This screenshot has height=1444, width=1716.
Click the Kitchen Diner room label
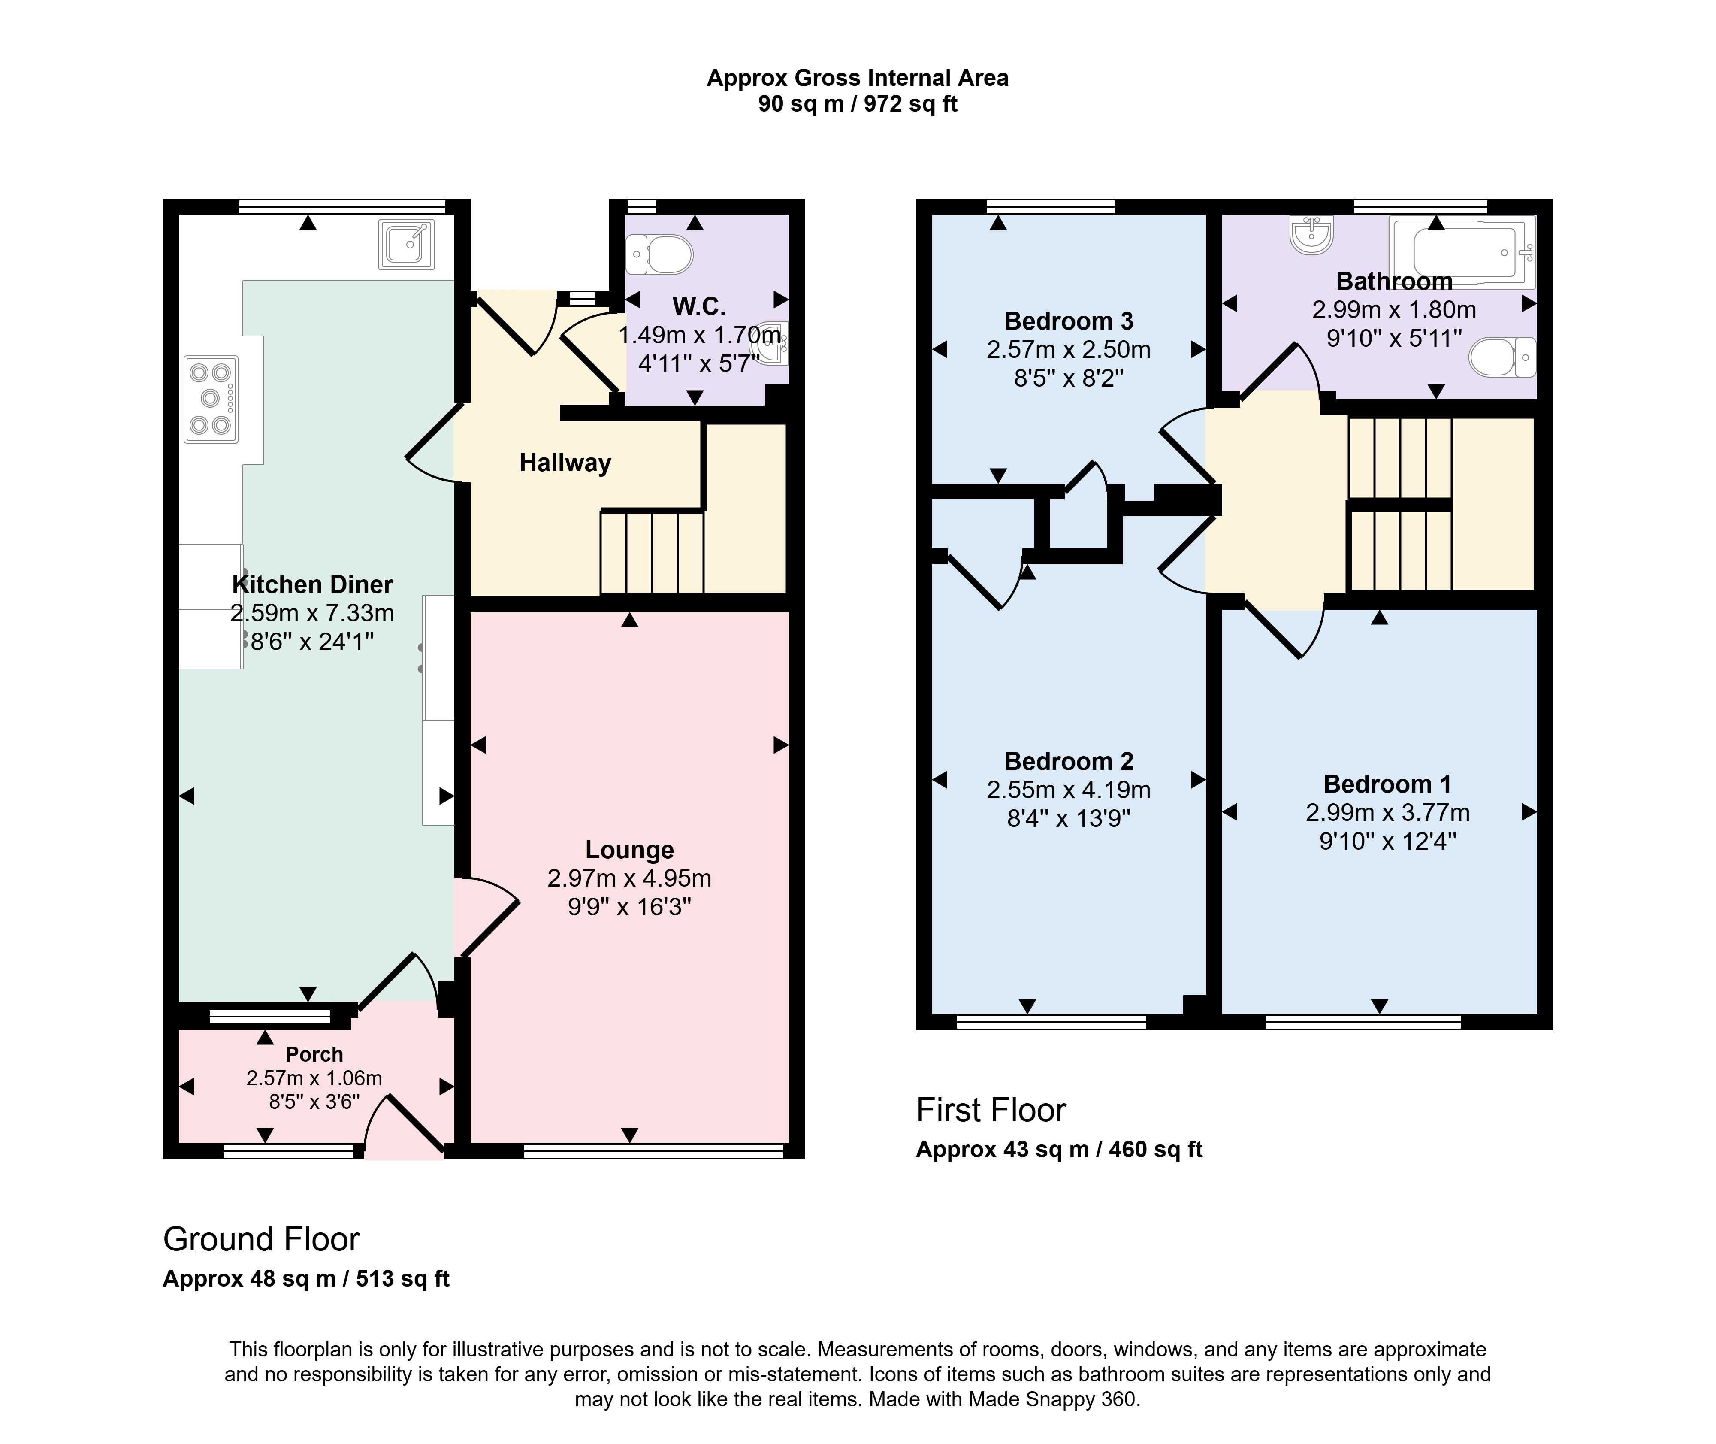tap(313, 584)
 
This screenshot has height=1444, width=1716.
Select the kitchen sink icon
tap(406, 244)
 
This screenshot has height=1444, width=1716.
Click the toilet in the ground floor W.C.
tap(659, 254)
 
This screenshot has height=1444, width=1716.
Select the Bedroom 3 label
tap(1069, 321)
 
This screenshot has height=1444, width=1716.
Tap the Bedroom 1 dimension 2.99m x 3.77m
tap(1388, 813)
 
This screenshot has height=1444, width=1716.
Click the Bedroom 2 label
tap(1069, 761)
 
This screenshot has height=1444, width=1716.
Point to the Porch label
tap(314, 1054)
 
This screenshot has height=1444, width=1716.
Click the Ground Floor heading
tap(261, 1239)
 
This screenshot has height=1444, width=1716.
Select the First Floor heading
tap(991, 1110)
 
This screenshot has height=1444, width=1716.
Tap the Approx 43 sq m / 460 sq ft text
tap(1059, 1149)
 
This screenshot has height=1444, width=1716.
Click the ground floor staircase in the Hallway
tap(652, 552)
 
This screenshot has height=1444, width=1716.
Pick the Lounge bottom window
tap(653, 1151)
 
